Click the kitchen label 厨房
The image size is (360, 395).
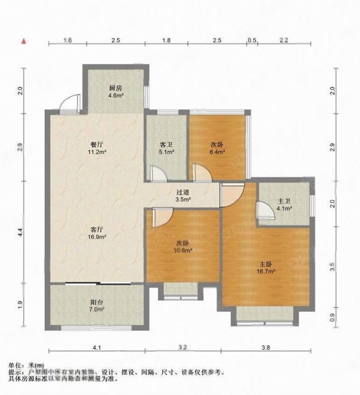pos(116,88)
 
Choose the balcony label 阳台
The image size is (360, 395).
pos(97,301)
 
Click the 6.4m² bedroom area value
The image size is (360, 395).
pos(217,151)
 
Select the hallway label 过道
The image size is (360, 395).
pos(183,191)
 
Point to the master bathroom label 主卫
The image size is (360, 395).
pos(284,201)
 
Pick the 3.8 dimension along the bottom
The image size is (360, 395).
pos(268,346)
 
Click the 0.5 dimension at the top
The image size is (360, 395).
pos(252,41)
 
